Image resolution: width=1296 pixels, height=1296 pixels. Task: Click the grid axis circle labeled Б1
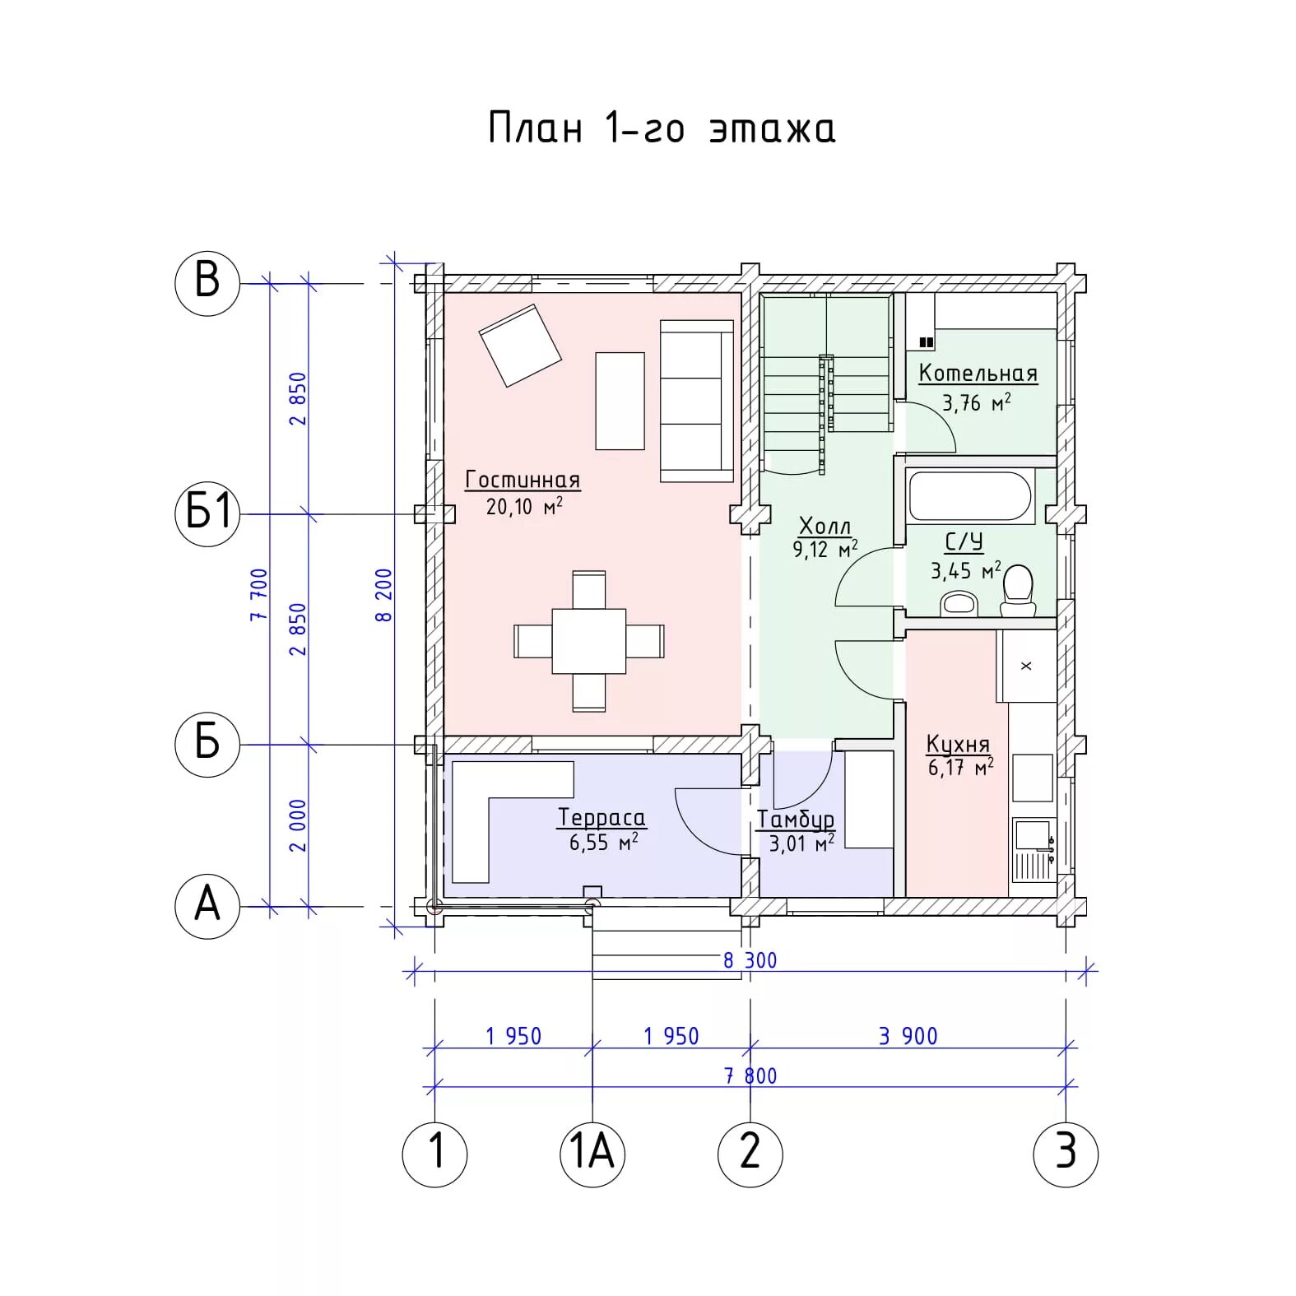(x=207, y=513)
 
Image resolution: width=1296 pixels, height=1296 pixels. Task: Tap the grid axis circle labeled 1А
(x=592, y=1154)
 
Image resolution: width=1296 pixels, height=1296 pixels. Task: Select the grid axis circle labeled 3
(x=1066, y=1154)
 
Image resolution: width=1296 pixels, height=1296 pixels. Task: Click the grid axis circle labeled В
(x=207, y=283)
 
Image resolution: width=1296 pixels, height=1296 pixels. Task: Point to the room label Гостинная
(x=523, y=480)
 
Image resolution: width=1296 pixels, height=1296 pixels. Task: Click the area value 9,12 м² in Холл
(x=825, y=549)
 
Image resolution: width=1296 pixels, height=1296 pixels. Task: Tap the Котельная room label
(x=978, y=374)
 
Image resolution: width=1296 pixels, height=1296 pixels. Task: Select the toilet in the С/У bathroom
(x=1018, y=591)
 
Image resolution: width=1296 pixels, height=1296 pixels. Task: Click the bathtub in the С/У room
(x=970, y=495)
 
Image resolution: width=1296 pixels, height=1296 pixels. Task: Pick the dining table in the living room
(x=589, y=641)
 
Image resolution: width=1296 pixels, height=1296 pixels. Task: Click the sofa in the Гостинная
(x=696, y=401)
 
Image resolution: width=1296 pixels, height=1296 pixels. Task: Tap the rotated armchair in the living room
(x=520, y=346)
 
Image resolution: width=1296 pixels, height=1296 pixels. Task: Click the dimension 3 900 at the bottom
(x=908, y=1036)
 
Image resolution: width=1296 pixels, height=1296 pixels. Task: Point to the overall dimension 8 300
(x=750, y=960)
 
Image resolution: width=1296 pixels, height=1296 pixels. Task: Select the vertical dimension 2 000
(x=298, y=825)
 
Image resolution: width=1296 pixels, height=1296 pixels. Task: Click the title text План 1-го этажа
(x=662, y=128)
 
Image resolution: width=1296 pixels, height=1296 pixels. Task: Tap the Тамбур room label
(x=796, y=820)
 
